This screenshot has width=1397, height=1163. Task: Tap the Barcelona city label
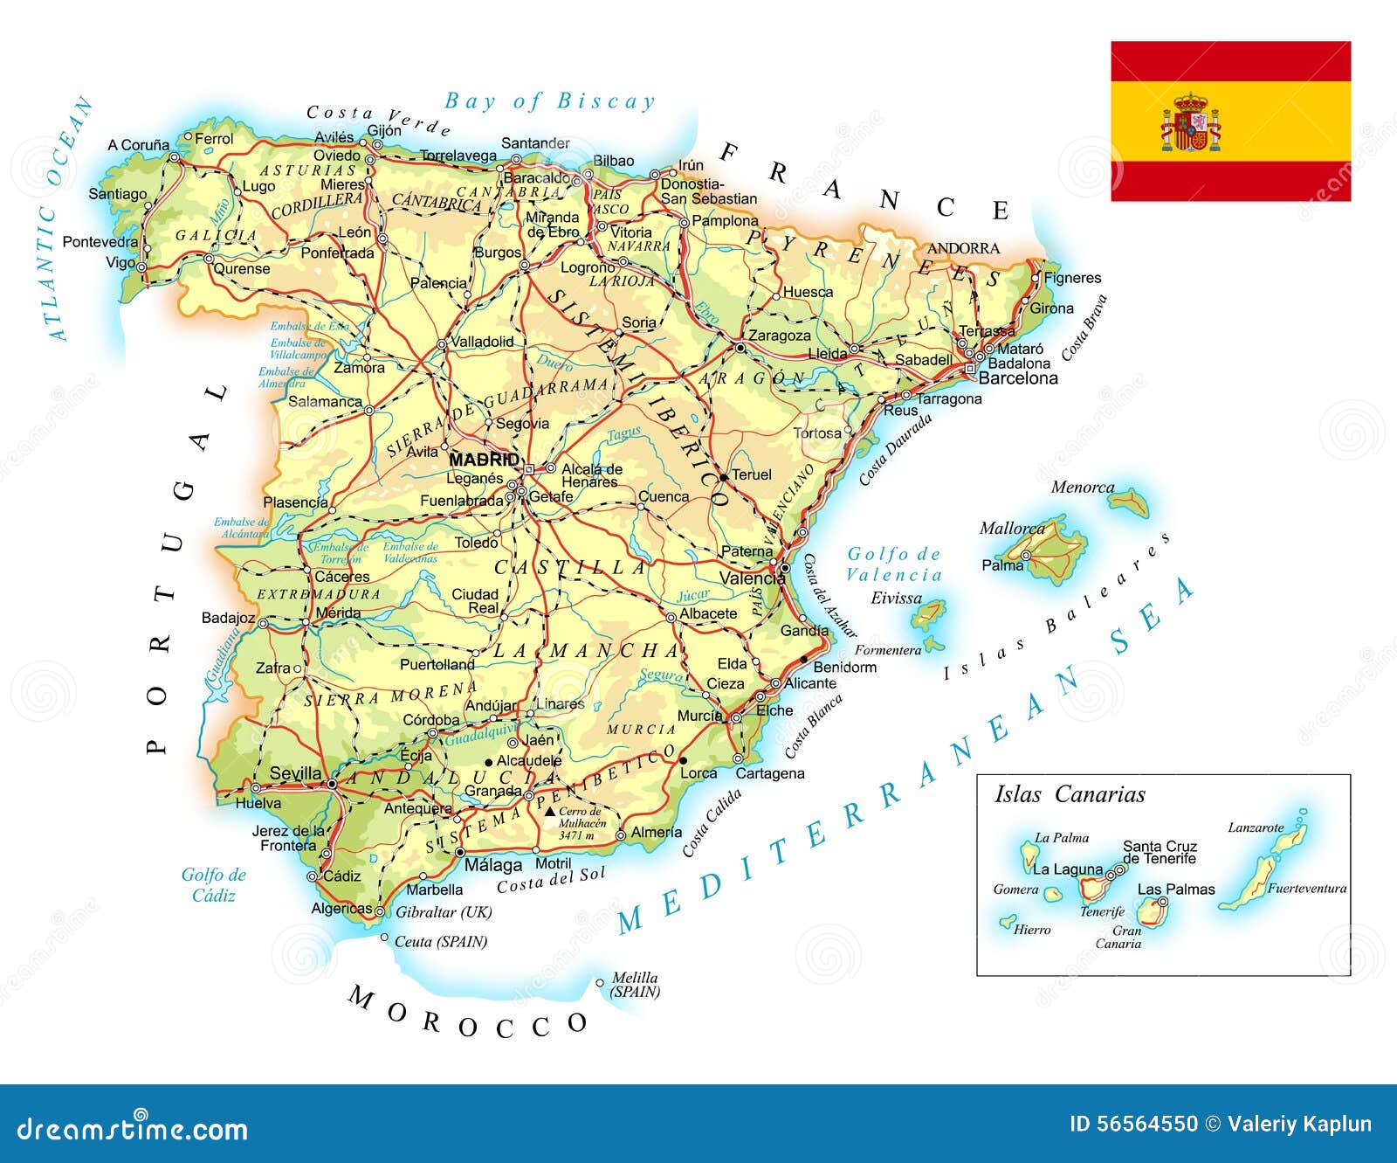click(x=1018, y=378)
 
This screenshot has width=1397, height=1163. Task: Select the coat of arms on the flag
click(x=1190, y=122)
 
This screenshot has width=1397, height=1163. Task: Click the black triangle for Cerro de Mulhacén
click(x=549, y=812)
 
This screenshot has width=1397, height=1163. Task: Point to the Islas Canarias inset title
click(x=1070, y=794)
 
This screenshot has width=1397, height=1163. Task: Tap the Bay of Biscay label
click(x=549, y=101)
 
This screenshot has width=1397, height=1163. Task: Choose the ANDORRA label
click(x=963, y=248)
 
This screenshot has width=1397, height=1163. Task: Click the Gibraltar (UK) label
click(x=444, y=912)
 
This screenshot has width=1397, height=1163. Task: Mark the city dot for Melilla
click(x=600, y=983)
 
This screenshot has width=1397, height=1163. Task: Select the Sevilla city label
click(x=295, y=773)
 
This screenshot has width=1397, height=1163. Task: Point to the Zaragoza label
click(x=780, y=336)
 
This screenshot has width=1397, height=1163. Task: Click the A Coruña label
click(x=138, y=145)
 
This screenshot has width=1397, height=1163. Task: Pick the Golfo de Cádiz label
click(x=214, y=884)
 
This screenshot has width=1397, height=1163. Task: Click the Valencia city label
click(x=752, y=578)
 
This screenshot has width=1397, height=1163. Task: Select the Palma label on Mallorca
click(x=1002, y=565)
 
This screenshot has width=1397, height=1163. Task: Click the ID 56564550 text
click(x=1133, y=1125)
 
